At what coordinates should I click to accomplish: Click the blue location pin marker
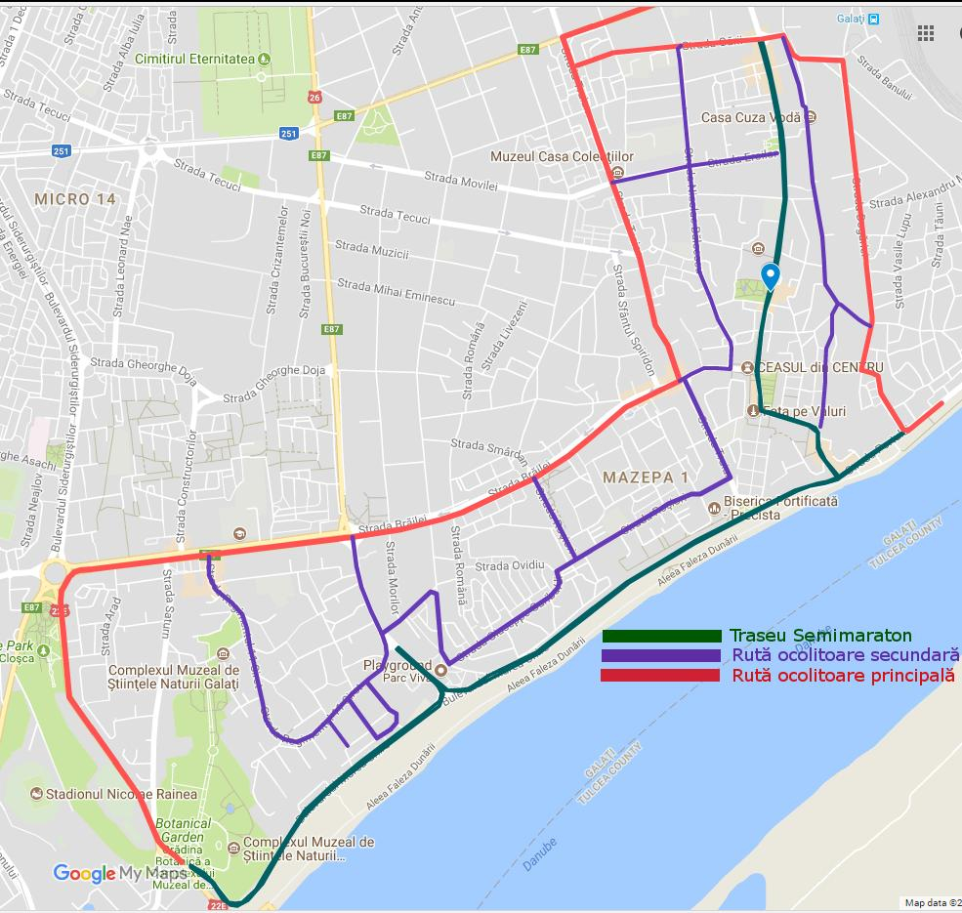[771, 276]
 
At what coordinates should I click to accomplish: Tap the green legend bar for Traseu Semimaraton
[661, 637]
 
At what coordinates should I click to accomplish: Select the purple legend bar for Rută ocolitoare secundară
[661, 656]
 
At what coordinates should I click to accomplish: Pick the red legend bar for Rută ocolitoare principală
[661, 676]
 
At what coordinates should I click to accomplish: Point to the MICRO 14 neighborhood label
[75, 199]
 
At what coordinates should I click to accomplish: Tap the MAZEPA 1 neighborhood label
[646, 477]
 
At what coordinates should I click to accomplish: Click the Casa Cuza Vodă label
[750, 117]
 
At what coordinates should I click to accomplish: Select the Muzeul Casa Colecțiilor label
[562, 156]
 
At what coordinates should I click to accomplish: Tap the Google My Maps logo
[119, 873]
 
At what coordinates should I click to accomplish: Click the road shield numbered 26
[314, 98]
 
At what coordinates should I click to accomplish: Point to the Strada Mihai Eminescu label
[396, 293]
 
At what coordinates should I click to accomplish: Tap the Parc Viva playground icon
[440, 670]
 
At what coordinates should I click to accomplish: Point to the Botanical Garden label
[183, 830]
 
